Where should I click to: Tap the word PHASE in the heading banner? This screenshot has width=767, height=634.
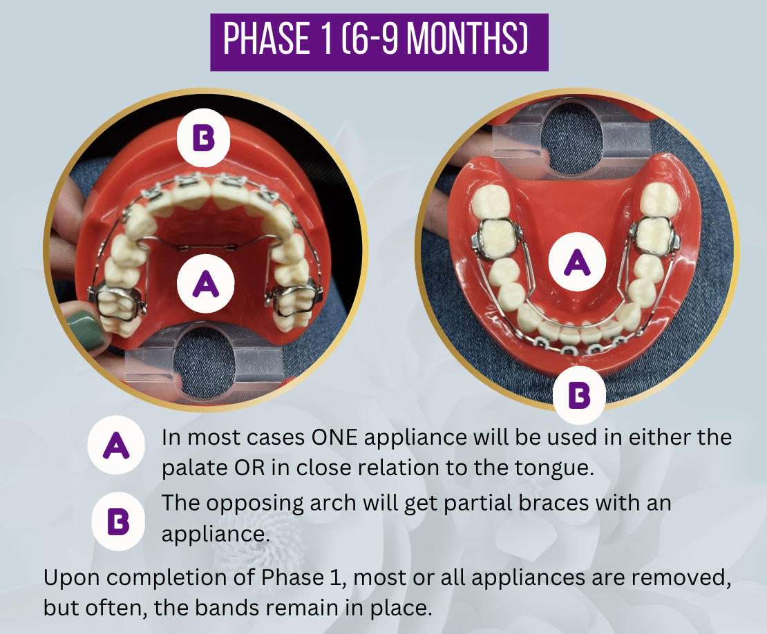[x=267, y=39]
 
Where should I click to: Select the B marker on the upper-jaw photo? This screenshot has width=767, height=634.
[x=203, y=139]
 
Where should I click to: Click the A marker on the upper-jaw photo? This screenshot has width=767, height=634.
[x=205, y=284]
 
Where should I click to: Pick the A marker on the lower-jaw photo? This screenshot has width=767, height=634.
[x=577, y=262]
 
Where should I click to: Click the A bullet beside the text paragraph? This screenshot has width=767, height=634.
[x=116, y=445]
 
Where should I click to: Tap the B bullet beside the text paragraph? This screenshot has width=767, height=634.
[x=118, y=522]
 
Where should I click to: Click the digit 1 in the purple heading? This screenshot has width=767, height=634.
[x=327, y=39]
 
